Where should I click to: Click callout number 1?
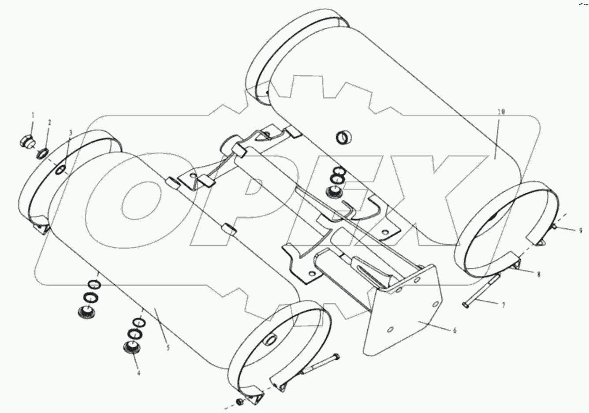pos(33,115)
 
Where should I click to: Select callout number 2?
pos(49,123)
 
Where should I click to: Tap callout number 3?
pos(70,132)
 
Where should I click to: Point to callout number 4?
pos(139,373)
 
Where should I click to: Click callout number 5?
pos(168,347)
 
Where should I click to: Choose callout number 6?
pos(455,330)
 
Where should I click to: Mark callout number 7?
pos(503,305)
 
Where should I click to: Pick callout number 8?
pos(538,274)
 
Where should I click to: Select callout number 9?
pos(581,230)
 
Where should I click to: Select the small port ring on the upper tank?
pos(344,138)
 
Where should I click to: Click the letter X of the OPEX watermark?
pos(441,198)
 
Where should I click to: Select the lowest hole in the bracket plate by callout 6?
pos(390,329)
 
